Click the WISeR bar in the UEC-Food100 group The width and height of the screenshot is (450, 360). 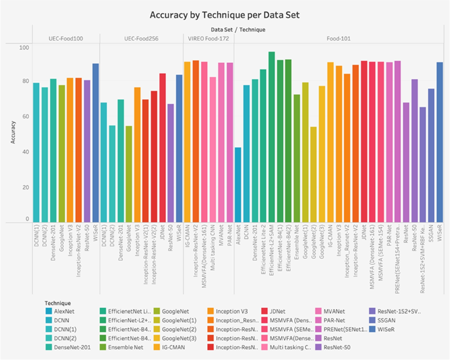coord(96,143)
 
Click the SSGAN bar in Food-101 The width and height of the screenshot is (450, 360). coord(431,155)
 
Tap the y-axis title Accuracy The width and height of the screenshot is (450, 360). coord(13,132)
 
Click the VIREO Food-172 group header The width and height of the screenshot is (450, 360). coord(208,38)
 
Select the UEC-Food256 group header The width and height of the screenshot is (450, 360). coord(141,38)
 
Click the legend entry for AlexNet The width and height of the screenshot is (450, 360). coord(62,311)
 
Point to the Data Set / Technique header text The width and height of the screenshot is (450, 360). coord(227,29)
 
